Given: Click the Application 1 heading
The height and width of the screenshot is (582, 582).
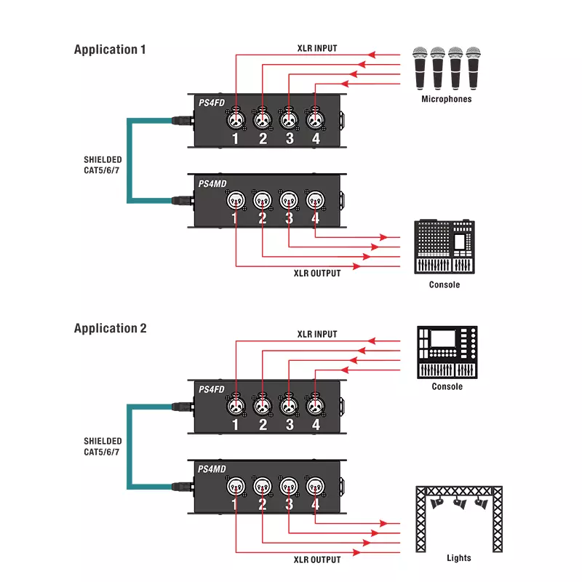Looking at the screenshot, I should (x=110, y=49).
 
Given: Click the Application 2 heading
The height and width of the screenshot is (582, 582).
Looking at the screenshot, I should (x=110, y=328).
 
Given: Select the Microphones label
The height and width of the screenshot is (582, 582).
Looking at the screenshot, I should (x=447, y=99).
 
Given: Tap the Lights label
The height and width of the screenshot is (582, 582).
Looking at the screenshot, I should (x=458, y=558).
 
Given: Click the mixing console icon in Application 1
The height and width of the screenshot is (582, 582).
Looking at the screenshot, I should (x=444, y=247).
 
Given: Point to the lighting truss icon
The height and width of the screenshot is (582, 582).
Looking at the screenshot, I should (x=458, y=516).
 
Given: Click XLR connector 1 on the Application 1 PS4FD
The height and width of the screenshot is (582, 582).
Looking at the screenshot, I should (x=236, y=118).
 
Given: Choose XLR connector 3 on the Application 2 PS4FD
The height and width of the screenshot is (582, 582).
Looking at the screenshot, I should (x=289, y=403).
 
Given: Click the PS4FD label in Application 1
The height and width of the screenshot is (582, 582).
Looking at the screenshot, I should (x=212, y=103).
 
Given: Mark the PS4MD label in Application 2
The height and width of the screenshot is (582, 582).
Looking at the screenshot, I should (x=212, y=469).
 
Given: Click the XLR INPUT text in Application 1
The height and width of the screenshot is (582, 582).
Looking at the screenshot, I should (x=317, y=49).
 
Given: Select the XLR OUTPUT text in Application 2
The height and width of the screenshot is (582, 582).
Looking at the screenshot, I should (x=317, y=559).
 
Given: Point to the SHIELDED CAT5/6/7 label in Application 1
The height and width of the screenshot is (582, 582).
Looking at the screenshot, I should (x=103, y=164).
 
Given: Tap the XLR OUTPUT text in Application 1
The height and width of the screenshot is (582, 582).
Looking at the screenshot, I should (x=317, y=274).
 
